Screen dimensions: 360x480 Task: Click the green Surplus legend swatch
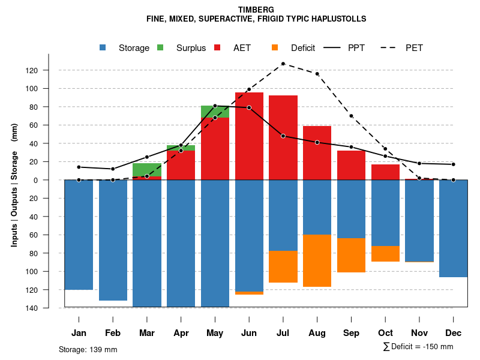pos(160,47)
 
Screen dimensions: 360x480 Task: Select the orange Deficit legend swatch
pos(275,47)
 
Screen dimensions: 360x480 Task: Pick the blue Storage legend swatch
pos(103,47)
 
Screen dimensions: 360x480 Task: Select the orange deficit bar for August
pos(317,260)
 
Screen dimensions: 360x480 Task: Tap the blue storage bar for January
pos(79,235)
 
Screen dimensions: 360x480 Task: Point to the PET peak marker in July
pos(283,64)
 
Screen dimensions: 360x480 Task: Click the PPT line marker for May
pos(215,106)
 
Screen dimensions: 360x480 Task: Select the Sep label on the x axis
pos(351,333)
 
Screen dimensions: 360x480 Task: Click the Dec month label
pos(453,333)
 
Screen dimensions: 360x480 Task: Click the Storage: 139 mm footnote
pos(88,349)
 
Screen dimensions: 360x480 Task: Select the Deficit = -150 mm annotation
pos(418,347)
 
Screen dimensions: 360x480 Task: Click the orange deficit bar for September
pos(351,255)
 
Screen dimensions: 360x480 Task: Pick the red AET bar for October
pos(385,172)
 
